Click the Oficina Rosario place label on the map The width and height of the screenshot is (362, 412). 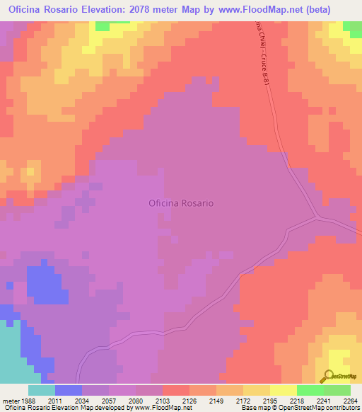181,203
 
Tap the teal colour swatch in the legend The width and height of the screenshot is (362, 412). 42,390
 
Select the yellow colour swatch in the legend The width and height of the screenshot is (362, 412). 283,390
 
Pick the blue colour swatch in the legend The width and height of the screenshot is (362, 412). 69,390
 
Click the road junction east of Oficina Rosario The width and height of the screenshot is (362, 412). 318,217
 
